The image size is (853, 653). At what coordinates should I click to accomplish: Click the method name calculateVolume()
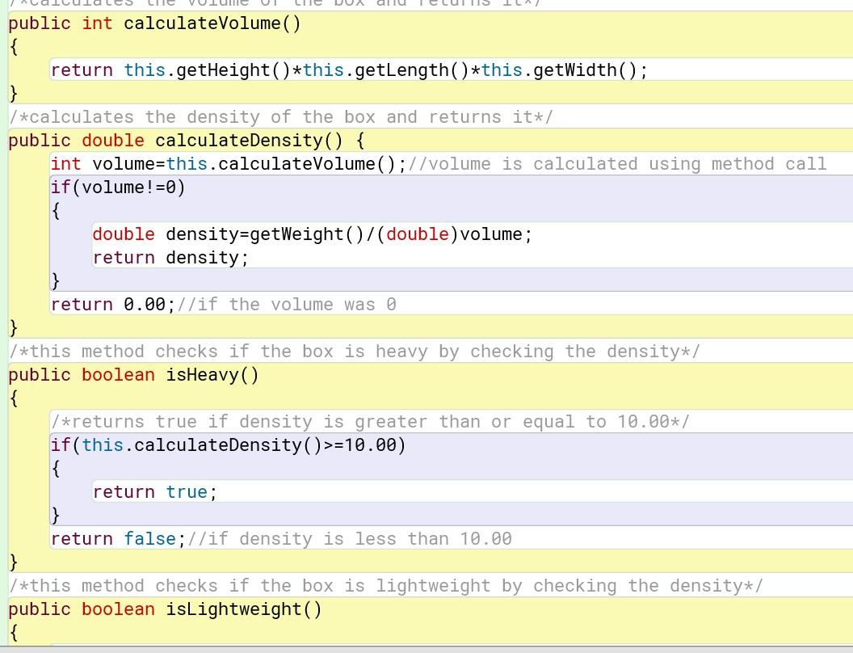pos(212,23)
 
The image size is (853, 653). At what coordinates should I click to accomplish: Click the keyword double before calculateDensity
pos(113,141)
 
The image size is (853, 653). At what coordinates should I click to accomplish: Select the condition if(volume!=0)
pos(118,187)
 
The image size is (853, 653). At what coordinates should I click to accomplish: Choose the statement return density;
pos(170,258)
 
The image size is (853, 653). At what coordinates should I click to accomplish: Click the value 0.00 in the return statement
pos(145,305)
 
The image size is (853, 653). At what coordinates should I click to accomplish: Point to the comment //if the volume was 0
pos(286,305)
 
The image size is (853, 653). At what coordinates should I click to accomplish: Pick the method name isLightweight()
pos(243,609)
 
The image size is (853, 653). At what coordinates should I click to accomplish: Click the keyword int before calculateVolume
pos(97,23)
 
